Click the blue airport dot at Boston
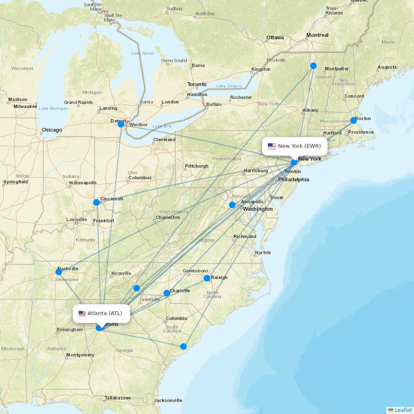[353, 120]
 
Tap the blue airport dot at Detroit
[121, 124]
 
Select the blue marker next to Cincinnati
[96, 202]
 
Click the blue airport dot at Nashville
[59, 272]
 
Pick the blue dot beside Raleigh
[207, 278]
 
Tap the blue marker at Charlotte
[167, 293]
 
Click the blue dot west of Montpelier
[313, 66]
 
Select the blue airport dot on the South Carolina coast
[183, 347]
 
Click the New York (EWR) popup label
[294, 146]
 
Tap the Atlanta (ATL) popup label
[101, 313]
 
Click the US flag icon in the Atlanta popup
[82, 313]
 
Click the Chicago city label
[52, 130]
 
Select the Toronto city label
[197, 84]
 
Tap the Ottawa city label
[275, 38]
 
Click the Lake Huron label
[142, 53]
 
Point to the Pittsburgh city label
[197, 166]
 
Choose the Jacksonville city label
[168, 400]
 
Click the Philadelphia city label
[294, 180]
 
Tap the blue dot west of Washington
[232, 205]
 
